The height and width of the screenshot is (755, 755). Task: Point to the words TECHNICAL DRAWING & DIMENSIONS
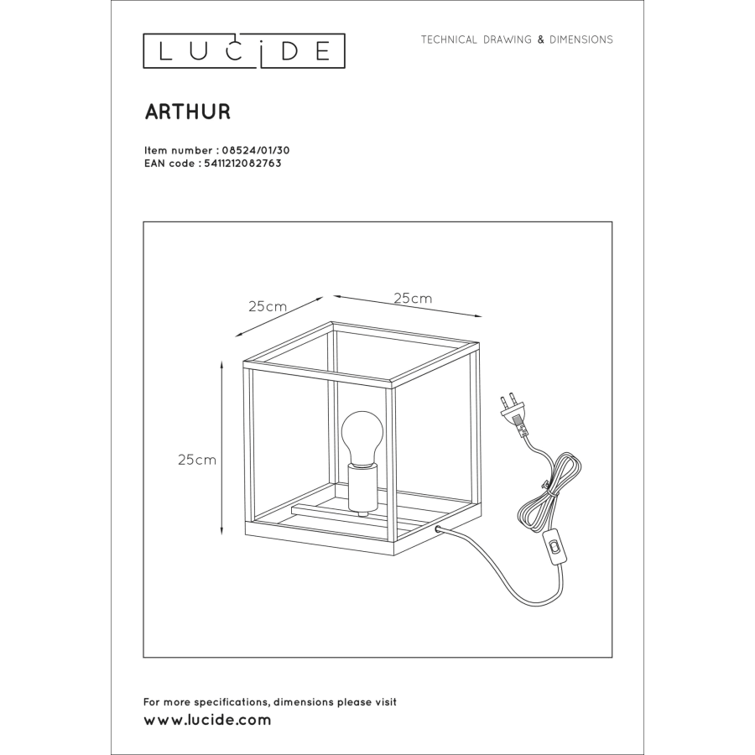(x=517, y=39)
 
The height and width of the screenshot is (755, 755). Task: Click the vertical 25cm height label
(x=197, y=460)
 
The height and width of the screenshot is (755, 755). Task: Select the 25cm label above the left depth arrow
(x=268, y=307)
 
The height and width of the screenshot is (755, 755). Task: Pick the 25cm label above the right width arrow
(x=413, y=299)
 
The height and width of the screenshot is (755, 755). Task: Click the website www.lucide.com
(x=207, y=720)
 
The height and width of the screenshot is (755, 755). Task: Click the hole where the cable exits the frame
(x=439, y=529)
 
